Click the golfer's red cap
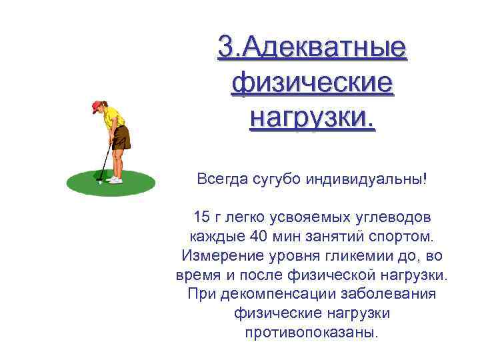pos(98,105)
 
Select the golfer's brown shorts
pos(121,138)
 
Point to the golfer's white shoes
pos(115,179)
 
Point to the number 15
pos(201,217)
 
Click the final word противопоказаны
pos(312,331)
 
